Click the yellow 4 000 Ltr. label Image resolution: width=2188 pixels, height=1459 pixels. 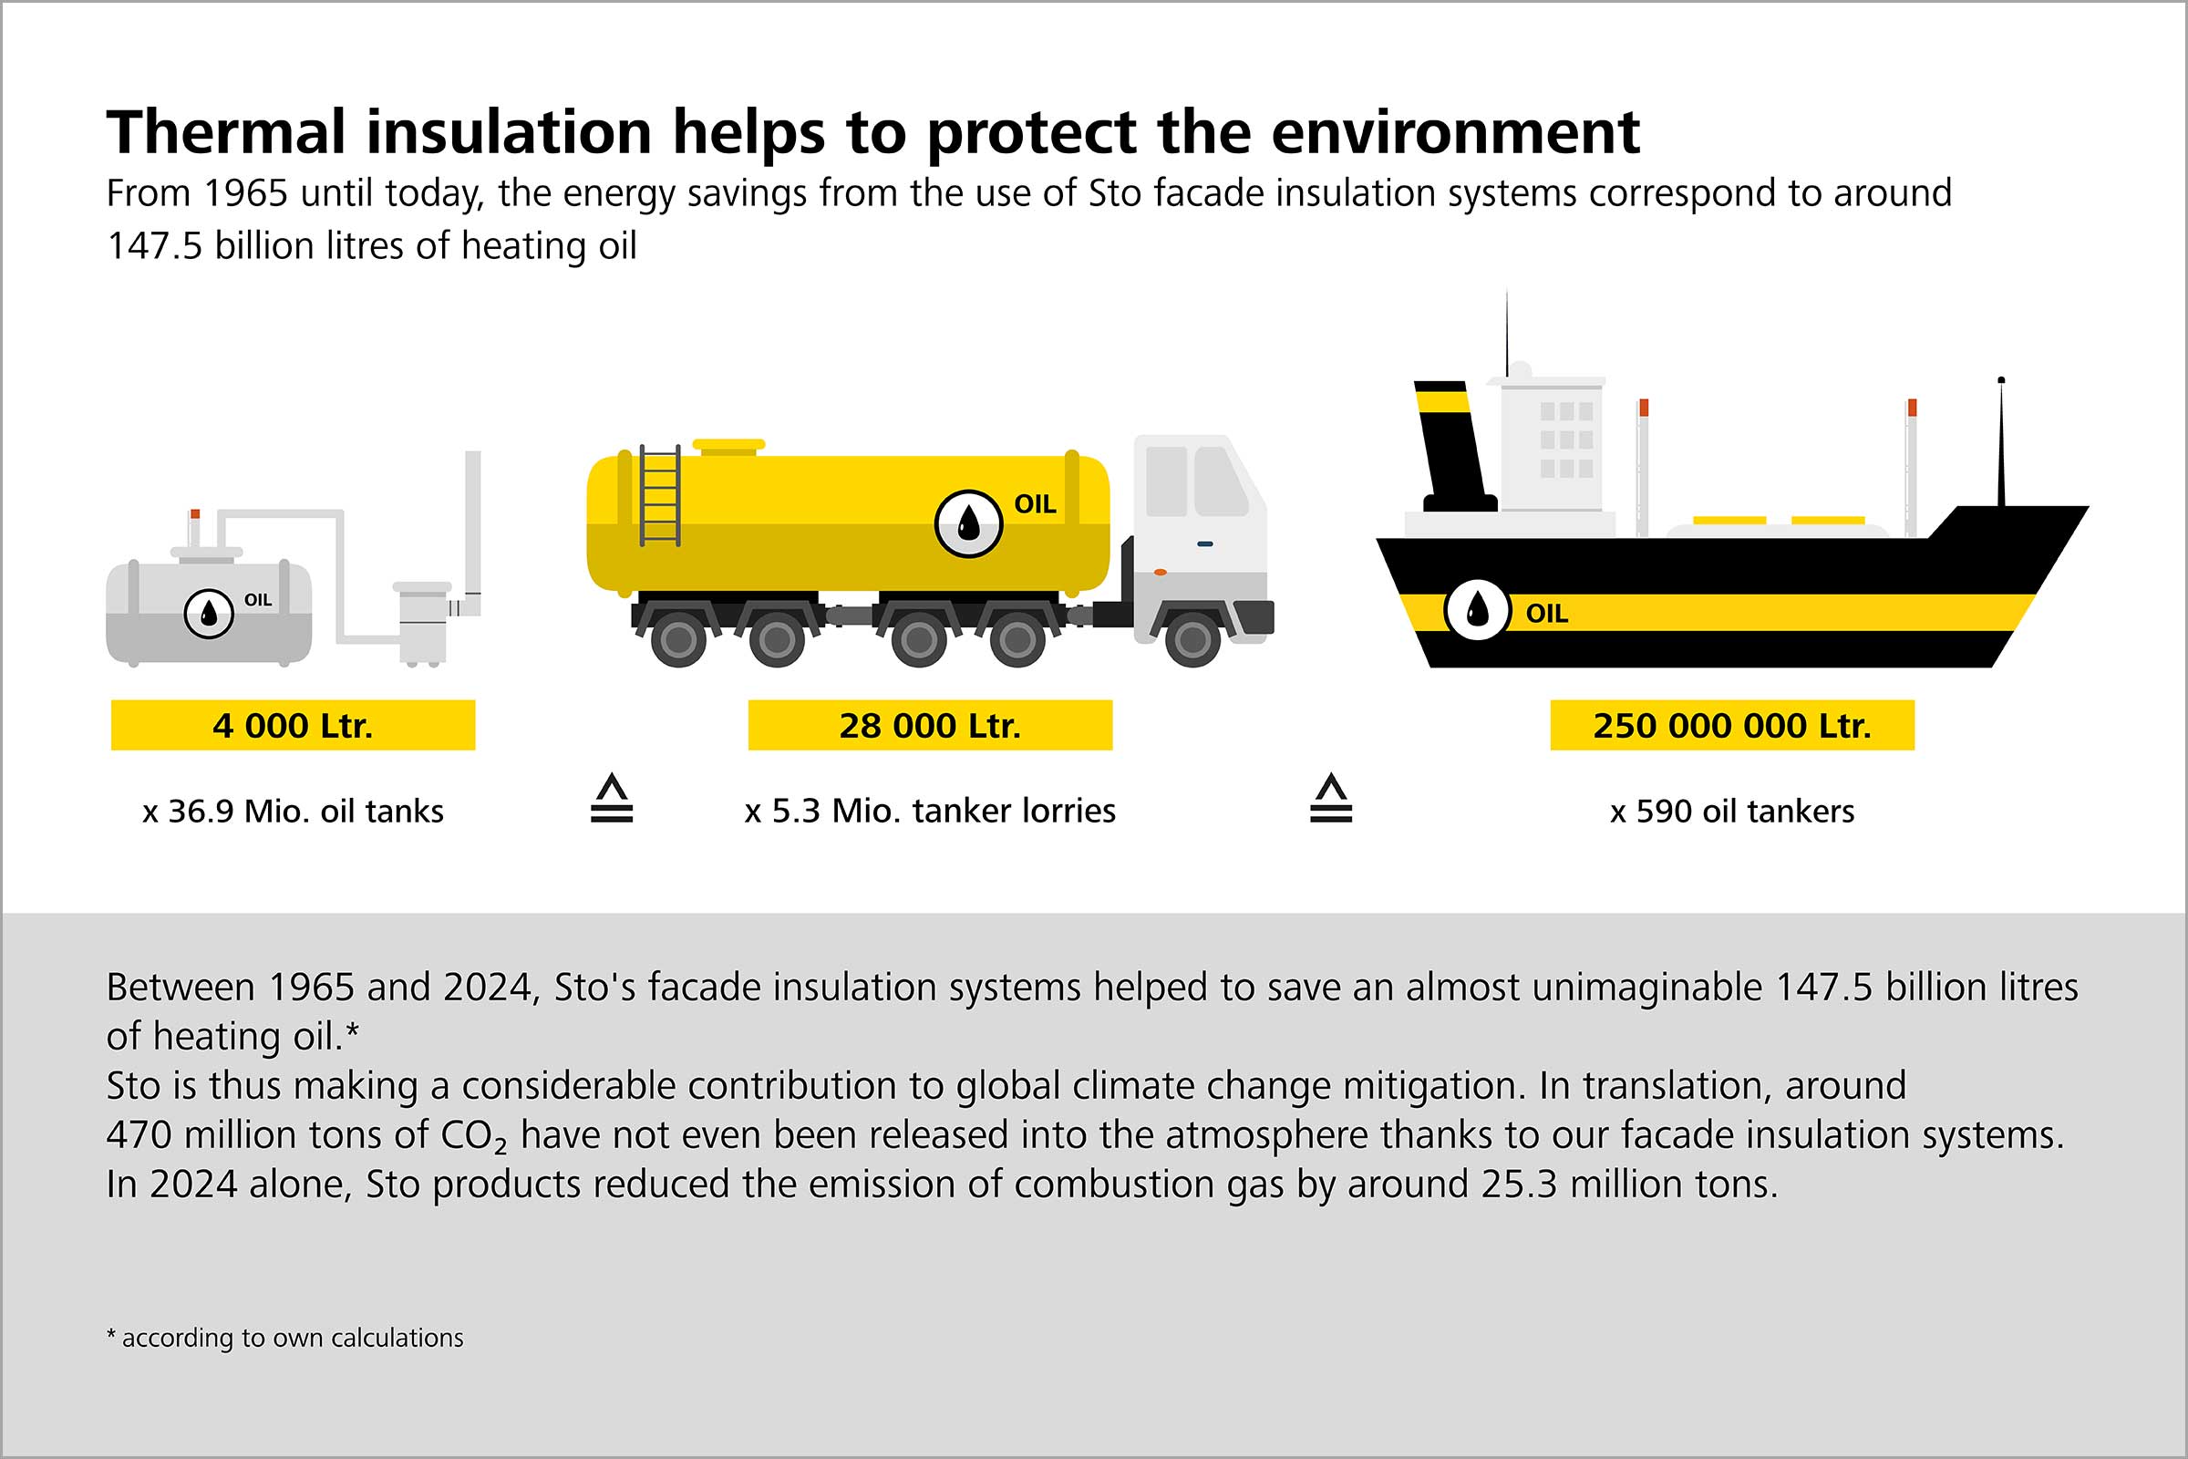[x=292, y=725]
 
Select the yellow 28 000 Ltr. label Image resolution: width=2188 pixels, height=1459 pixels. [x=929, y=725]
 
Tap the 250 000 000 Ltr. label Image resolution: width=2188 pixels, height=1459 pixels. [x=1731, y=725]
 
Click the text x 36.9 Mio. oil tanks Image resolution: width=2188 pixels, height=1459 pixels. [x=292, y=812]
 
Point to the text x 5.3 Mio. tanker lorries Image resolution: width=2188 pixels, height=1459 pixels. [x=929, y=812]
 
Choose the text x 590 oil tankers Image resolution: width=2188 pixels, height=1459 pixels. [x=1731, y=812]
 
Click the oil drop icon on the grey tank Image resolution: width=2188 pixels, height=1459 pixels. [x=209, y=613]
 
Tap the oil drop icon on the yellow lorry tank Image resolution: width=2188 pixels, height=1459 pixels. [x=967, y=523]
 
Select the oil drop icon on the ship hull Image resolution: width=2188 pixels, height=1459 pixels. [x=1476, y=610]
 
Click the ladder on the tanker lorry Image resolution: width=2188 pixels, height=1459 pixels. [x=659, y=495]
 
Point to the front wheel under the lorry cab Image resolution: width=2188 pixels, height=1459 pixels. [x=1192, y=639]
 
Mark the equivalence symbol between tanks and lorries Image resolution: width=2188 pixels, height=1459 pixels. [x=611, y=799]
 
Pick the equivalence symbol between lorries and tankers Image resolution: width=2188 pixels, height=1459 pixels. [x=1330, y=799]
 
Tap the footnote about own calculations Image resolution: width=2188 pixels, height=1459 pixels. [x=284, y=1338]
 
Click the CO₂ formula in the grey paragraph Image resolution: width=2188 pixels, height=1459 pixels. [x=473, y=1136]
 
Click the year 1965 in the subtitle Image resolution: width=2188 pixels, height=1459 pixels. [x=245, y=193]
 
